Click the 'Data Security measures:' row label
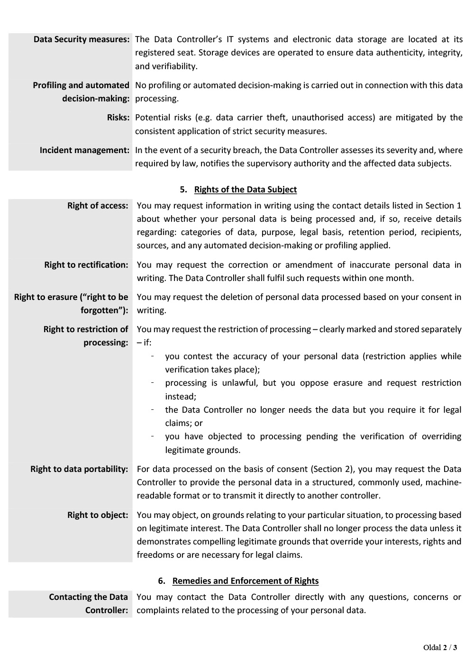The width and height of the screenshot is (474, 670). click(x=82, y=39)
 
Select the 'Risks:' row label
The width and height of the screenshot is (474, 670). click(x=118, y=118)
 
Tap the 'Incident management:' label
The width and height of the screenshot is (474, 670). click(x=84, y=150)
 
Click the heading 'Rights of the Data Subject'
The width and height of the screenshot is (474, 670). click(x=246, y=190)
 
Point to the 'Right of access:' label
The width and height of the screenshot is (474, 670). click(x=98, y=206)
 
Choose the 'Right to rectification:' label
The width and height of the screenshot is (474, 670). click(x=86, y=265)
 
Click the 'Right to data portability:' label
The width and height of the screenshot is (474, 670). click(x=79, y=469)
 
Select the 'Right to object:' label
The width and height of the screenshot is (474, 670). click(x=98, y=515)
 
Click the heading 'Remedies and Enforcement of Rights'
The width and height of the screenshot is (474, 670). click(x=246, y=581)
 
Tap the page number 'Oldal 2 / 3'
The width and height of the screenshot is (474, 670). click(x=440, y=648)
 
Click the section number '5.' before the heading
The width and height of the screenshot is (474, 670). click(x=183, y=190)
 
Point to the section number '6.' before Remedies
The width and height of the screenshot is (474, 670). click(x=162, y=581)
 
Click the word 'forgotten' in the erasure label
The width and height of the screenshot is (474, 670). click(x=101, y=310)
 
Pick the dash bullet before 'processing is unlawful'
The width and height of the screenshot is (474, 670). click(x=153, y=383)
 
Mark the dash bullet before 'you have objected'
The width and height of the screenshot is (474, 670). click(x=153, y=436)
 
